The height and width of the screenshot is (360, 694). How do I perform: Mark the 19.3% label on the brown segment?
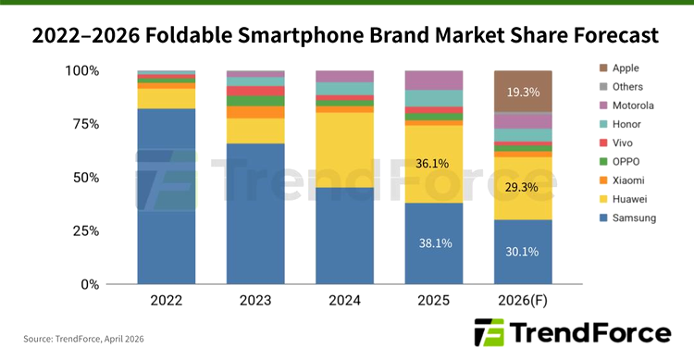point(523,93)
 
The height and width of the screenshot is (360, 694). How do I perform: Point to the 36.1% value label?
point(433,163)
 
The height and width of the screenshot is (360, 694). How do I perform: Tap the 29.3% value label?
point(523,187)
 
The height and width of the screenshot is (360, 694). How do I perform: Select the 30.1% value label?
point(523,252)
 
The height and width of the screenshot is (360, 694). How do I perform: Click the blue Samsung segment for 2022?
point(167,194)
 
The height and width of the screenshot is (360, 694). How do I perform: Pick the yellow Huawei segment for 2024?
point(345,148)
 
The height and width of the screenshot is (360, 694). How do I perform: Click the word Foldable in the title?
point(210,35)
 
